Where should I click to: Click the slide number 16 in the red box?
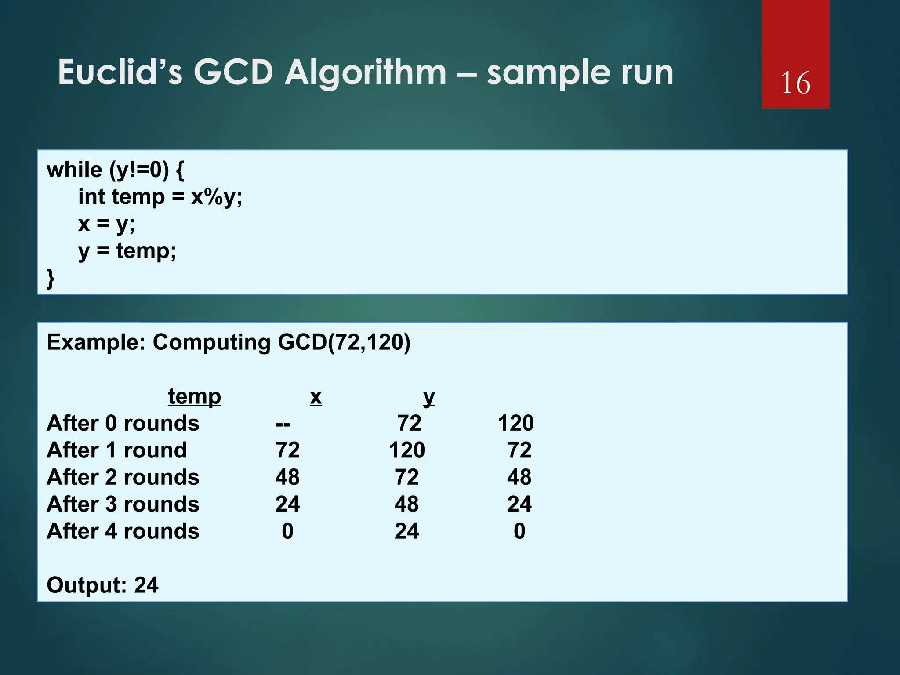pos(795,83)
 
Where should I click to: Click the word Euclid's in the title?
pos(120,73)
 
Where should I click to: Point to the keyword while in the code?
pos(74,170)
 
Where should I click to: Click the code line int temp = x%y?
pos(160,197)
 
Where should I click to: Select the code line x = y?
pos(106,224)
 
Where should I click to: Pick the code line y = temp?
pos(127,251)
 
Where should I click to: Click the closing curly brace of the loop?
pos(51,279)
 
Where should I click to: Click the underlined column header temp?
pos(194,397)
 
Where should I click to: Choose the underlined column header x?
pos(316,397)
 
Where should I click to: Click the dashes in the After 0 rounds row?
pos(283,424)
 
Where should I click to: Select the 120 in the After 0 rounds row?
pos(515,423)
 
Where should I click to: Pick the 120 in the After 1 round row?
pos(406,450)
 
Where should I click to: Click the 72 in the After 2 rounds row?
pos(406,477)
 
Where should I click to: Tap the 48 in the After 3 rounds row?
pos(406,504)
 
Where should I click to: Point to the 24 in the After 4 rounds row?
pos(406,531)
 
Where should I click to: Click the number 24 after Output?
pos(146,585)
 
